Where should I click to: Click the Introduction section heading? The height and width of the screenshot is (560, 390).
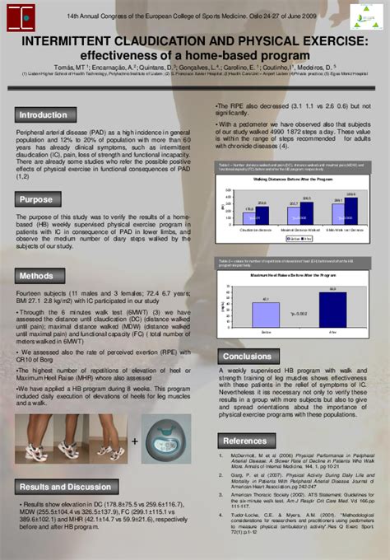(43, 115)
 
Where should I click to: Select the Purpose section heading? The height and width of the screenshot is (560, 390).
(36, 198)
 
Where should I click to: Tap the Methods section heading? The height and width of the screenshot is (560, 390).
(37, 276)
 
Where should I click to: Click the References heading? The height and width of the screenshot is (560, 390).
(246, 441)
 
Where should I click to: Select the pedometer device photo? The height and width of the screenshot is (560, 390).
(165, 440)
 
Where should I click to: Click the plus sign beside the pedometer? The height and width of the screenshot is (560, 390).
(134, 441)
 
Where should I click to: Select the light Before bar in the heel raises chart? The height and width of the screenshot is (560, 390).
(266, 314)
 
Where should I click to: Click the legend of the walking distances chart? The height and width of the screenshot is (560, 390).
(298, 239)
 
